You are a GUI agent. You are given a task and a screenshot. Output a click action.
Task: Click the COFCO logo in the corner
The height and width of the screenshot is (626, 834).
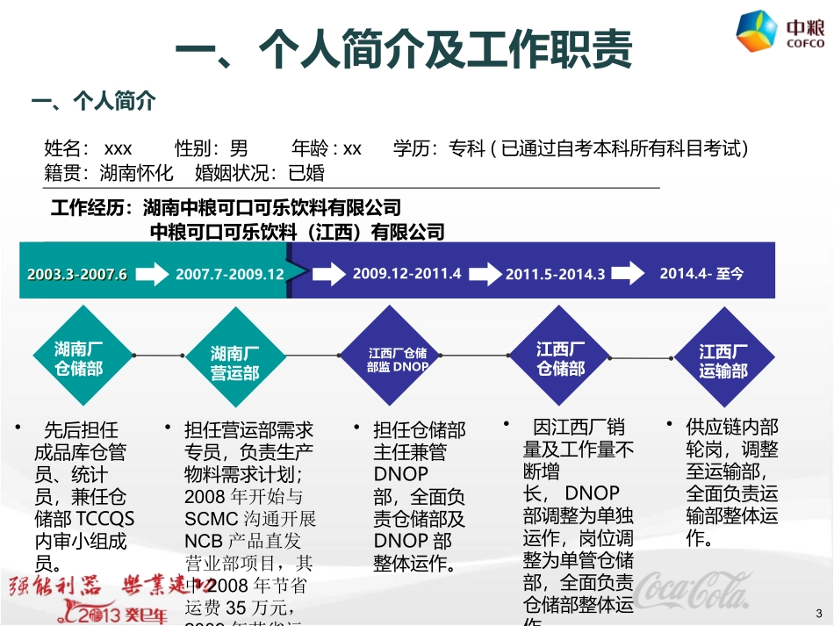pos(780,33)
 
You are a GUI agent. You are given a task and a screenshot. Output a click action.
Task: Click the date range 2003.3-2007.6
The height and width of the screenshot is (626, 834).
pos(77,274)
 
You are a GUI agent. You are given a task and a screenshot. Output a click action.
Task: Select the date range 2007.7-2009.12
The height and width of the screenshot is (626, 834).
pos(230,274)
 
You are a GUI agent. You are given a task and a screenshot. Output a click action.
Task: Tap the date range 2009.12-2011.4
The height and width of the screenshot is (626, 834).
pos(406,273)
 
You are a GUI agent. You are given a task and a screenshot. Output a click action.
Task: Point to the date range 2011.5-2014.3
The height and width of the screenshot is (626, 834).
pos(556,274)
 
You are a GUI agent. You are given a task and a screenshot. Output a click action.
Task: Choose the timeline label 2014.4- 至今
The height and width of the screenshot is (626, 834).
pos(701,273)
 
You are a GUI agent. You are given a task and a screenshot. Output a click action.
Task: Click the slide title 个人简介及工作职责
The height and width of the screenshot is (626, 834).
pos(404,50)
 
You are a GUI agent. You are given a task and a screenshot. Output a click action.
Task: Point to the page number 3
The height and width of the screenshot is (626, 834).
pos(819,612)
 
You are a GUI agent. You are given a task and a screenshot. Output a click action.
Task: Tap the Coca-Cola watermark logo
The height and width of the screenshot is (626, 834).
pos(694,592)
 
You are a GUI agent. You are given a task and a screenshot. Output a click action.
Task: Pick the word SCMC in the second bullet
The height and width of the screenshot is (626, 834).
pos(207,518)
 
